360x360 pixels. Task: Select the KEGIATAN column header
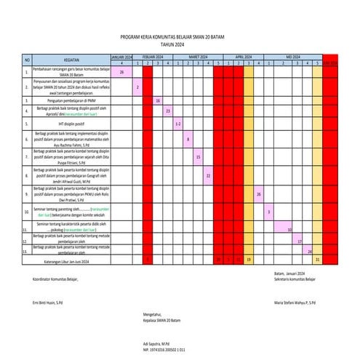click(x=71, y=60)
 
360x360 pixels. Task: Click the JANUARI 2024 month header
click(x=121, y=56)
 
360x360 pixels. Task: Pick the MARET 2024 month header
click(x=198, y=56)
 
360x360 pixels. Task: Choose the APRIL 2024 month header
click(x=243, y=56)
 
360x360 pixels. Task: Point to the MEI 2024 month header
click(x=294, y=56)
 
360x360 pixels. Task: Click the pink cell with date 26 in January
click(x=121, y=72)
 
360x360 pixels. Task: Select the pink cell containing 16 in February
click(x=158, y=100)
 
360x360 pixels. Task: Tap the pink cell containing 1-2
click(x=177, y=124)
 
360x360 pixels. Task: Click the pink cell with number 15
click(x=198, y=156)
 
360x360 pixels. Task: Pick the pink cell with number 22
click(x=208, y=175)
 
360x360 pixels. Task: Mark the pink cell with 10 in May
click(x=289, y=230)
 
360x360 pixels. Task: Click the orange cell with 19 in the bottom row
click(x=248, y=259)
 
